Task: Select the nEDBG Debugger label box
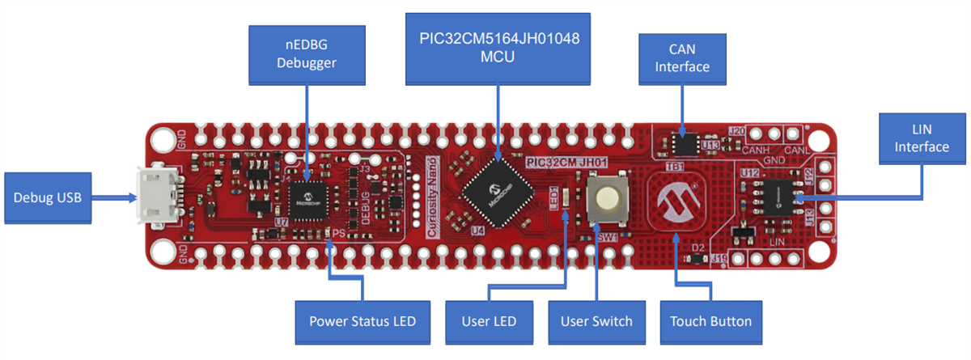[306, 53]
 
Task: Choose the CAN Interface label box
[682, 58]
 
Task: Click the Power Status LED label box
[362, 321]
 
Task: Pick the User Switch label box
[596, 321]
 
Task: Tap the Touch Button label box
[710, 321]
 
